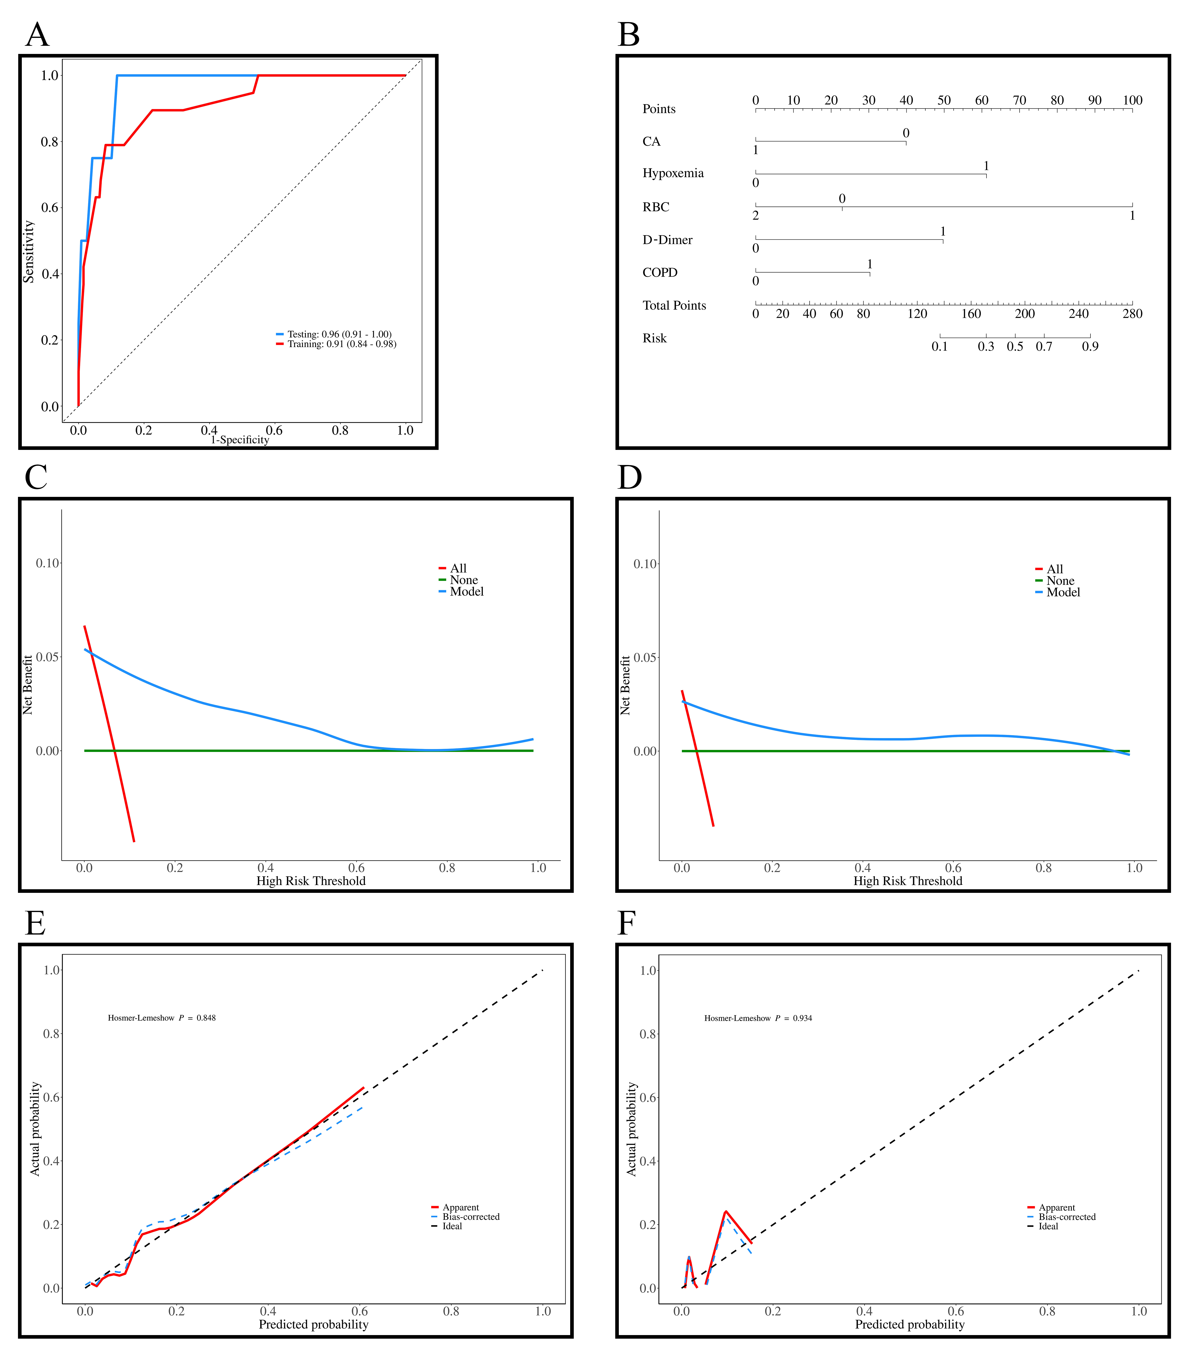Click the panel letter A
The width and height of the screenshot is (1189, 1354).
click(37, 35)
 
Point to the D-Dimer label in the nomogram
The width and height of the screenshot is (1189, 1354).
click(667, 240)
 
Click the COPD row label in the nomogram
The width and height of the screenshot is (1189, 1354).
click(660, 272)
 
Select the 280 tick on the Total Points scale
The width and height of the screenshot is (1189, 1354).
click(1132, 313)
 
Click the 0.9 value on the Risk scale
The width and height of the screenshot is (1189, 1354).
click(1090, 346)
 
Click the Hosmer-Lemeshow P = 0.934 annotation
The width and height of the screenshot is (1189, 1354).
click(758, 1018)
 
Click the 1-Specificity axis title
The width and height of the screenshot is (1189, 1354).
click(240, 440)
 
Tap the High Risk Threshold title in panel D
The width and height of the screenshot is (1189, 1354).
click(907, 881)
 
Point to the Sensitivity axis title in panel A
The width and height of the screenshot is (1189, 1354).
click(29, 252)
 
